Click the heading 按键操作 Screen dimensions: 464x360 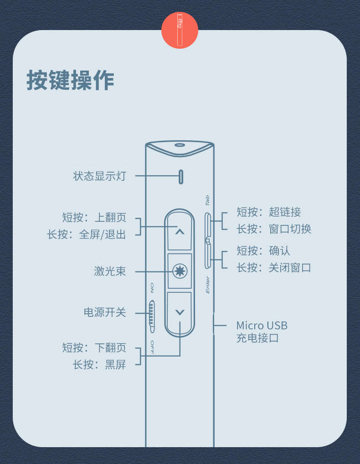(70, 81)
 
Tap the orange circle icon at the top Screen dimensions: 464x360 (180, 30)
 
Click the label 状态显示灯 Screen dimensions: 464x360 (99, 176)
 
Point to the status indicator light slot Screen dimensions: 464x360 (181, 177)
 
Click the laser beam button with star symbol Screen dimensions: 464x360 (180, 271)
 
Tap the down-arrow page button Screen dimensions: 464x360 (180, 312)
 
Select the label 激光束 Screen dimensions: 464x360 (110, 272)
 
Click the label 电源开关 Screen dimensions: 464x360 (105, 312)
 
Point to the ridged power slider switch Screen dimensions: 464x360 (152, 314)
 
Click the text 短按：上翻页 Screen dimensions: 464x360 (94, 217)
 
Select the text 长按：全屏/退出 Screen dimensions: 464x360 (86, 235)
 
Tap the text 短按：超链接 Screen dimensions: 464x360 (268, 212)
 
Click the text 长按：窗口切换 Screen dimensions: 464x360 (273, 229)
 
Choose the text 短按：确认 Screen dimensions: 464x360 (263, 250)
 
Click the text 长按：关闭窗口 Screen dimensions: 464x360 (273, 267)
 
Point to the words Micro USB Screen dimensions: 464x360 (262, 326)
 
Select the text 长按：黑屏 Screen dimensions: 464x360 (99, 365)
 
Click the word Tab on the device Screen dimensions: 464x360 (207, 200)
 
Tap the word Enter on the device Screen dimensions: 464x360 (208, 285)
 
